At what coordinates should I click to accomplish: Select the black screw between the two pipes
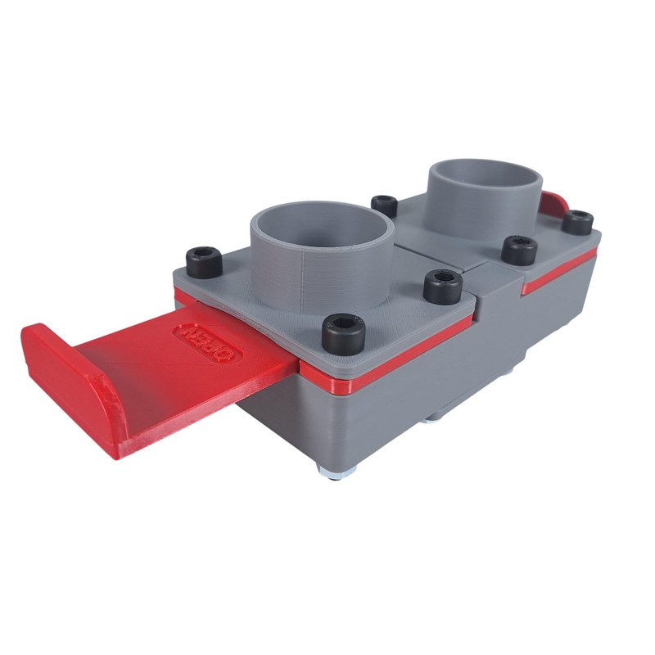click(382, 205)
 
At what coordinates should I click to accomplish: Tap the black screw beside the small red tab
click(579, 221)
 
